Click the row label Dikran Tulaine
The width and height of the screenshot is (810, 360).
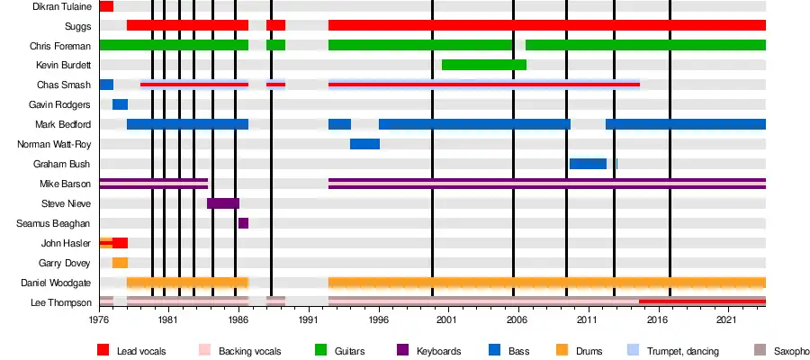(x=63, y=6)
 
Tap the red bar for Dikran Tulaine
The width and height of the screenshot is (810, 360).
(x=106, y=6)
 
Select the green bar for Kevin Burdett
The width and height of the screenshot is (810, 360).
(x=484, y=65)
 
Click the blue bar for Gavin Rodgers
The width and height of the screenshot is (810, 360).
(x=120, y=104)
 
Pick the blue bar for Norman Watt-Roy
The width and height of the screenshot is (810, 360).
(x=364, y=144)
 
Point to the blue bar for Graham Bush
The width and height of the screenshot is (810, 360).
(x=588, y=164)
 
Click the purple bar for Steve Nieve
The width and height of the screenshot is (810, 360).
(x=223, y=203)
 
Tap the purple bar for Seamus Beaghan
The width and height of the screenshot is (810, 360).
(x=243, y=223)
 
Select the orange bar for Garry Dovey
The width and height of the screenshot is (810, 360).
(x=120, y=263)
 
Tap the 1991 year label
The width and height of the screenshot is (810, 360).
(x=309, y=319)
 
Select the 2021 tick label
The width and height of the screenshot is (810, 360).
(x=727, y=319)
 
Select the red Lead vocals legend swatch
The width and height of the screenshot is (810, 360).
(x=103, y=350)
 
